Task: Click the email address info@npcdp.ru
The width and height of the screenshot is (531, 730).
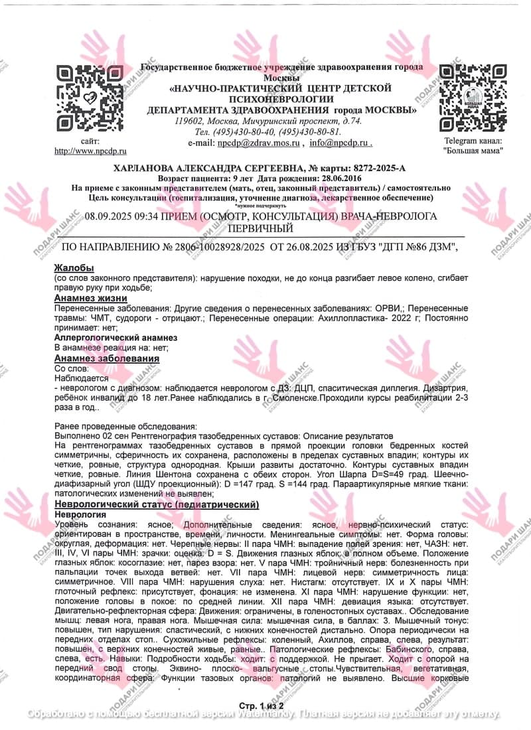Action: (x=339, y=142)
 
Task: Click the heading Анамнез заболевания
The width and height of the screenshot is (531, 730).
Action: (x=106, y=358)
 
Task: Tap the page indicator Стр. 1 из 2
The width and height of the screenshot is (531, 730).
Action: (x=265, y=704)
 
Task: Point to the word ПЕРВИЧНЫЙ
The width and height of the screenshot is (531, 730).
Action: (x=260, y=228)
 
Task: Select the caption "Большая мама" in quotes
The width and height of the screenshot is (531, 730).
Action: (x=473, y=151)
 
